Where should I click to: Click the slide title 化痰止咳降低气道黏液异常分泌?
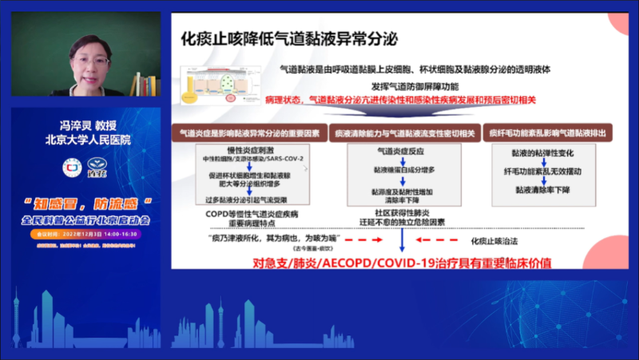[x=290, y=38]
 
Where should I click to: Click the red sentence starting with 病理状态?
[x=400, y=101]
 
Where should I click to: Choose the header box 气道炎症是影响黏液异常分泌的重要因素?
[x=248, y=133]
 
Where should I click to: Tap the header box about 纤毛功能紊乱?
[x=552, y=133]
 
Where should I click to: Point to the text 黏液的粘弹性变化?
[x=552, y=152]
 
